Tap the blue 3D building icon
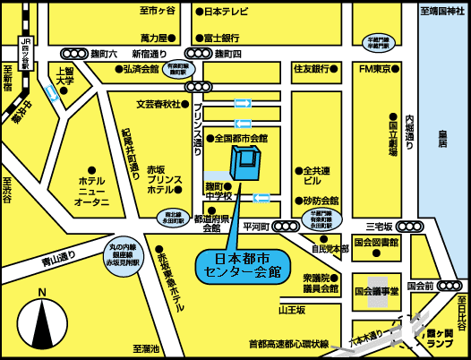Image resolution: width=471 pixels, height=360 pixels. (244, 163)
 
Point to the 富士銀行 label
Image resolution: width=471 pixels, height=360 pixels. (220, 39)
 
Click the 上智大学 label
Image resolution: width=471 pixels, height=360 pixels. (64, 76)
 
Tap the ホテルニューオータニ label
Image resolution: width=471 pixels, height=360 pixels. (90, 190)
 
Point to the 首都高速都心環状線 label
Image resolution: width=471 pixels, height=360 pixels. (288, 343)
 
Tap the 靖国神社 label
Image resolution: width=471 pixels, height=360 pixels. (444, 12)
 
